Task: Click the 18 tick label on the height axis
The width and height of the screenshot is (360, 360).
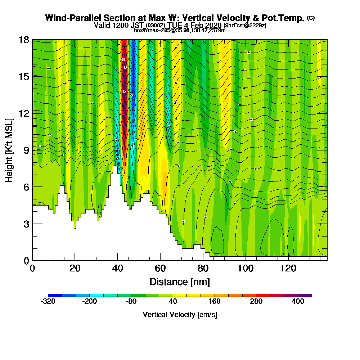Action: tap(24, 40)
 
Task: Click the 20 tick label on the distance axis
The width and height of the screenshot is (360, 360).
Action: tap(75, 269)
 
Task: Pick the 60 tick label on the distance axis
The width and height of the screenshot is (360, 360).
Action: tap(160, 269)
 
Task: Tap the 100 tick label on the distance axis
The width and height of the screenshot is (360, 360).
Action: tap(246, 269)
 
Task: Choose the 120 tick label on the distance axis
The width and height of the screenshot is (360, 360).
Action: tap(288, 269)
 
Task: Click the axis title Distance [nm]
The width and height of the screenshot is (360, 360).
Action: tap(180, 282)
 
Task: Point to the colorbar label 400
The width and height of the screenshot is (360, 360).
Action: tap(298, 302)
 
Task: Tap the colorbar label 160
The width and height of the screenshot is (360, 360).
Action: tap(215, 302)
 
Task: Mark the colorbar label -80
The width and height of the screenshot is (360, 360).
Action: tap(131, 302)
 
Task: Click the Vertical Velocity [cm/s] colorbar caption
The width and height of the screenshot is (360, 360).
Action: tap(180, 315)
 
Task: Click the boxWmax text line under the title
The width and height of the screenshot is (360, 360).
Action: tap(180, 30)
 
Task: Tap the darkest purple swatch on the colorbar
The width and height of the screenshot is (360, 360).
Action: tap(305, 295)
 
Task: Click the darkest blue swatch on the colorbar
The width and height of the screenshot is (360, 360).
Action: tap(55, 295)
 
